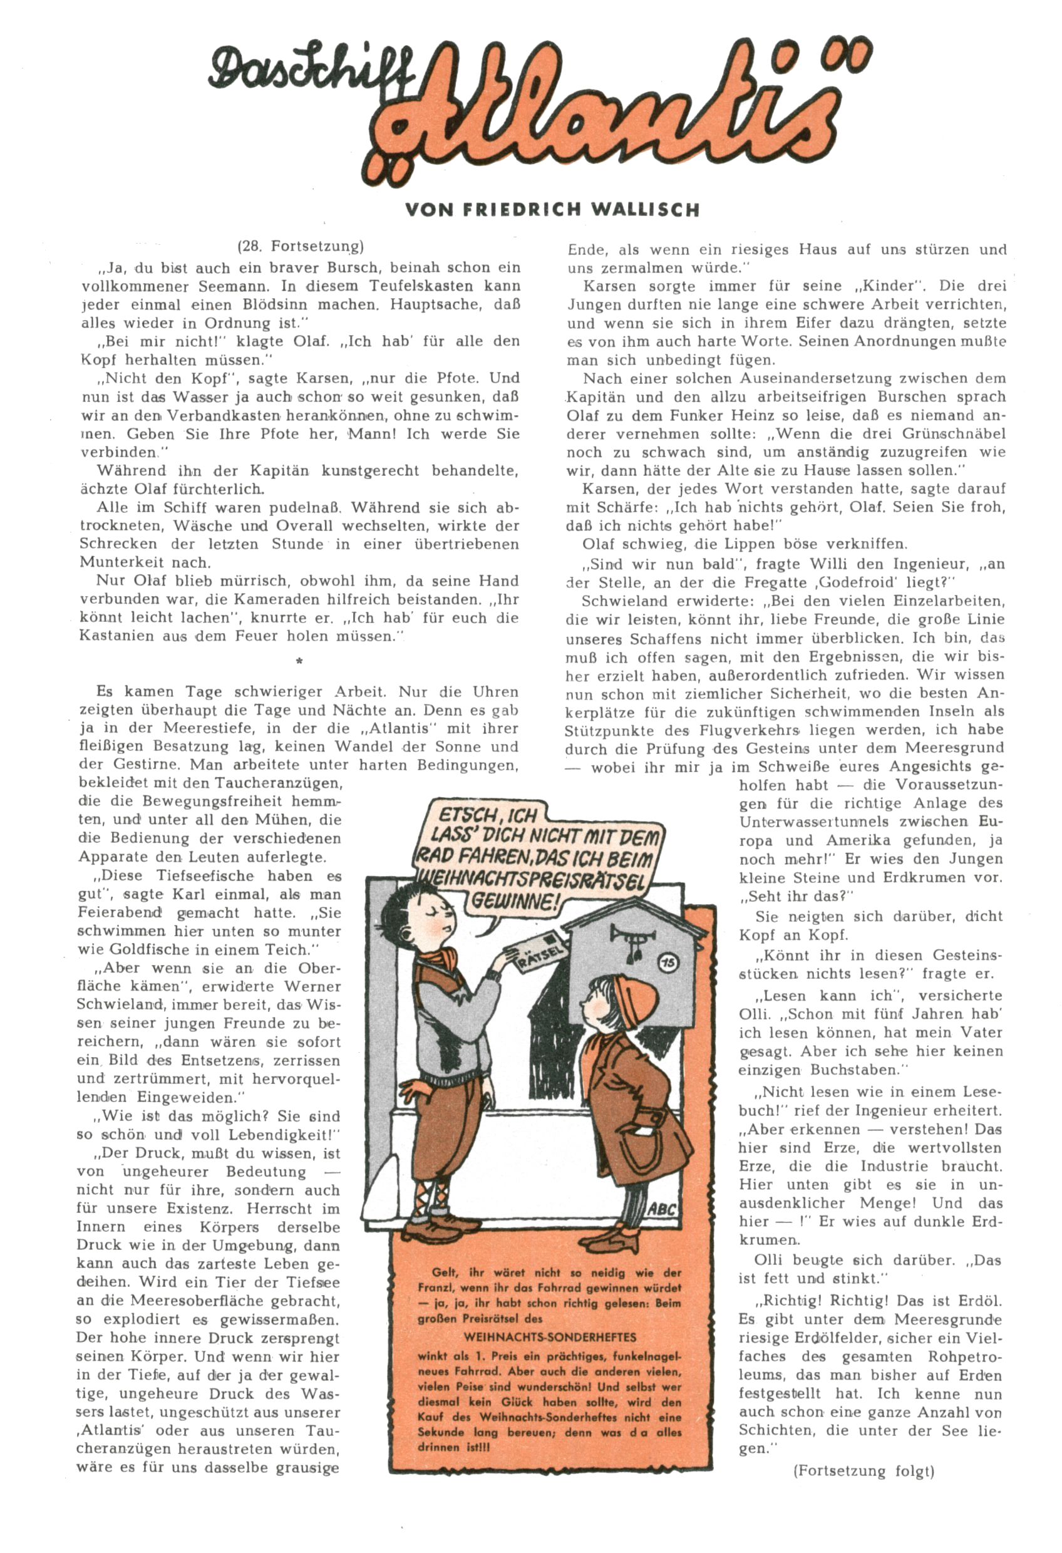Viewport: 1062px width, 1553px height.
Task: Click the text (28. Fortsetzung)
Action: coord(300,246)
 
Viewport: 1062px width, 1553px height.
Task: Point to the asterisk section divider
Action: coord(299,661)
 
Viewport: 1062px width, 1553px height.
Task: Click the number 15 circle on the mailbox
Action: coord(668,962)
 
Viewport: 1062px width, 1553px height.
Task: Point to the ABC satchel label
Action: coord(662,1209)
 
